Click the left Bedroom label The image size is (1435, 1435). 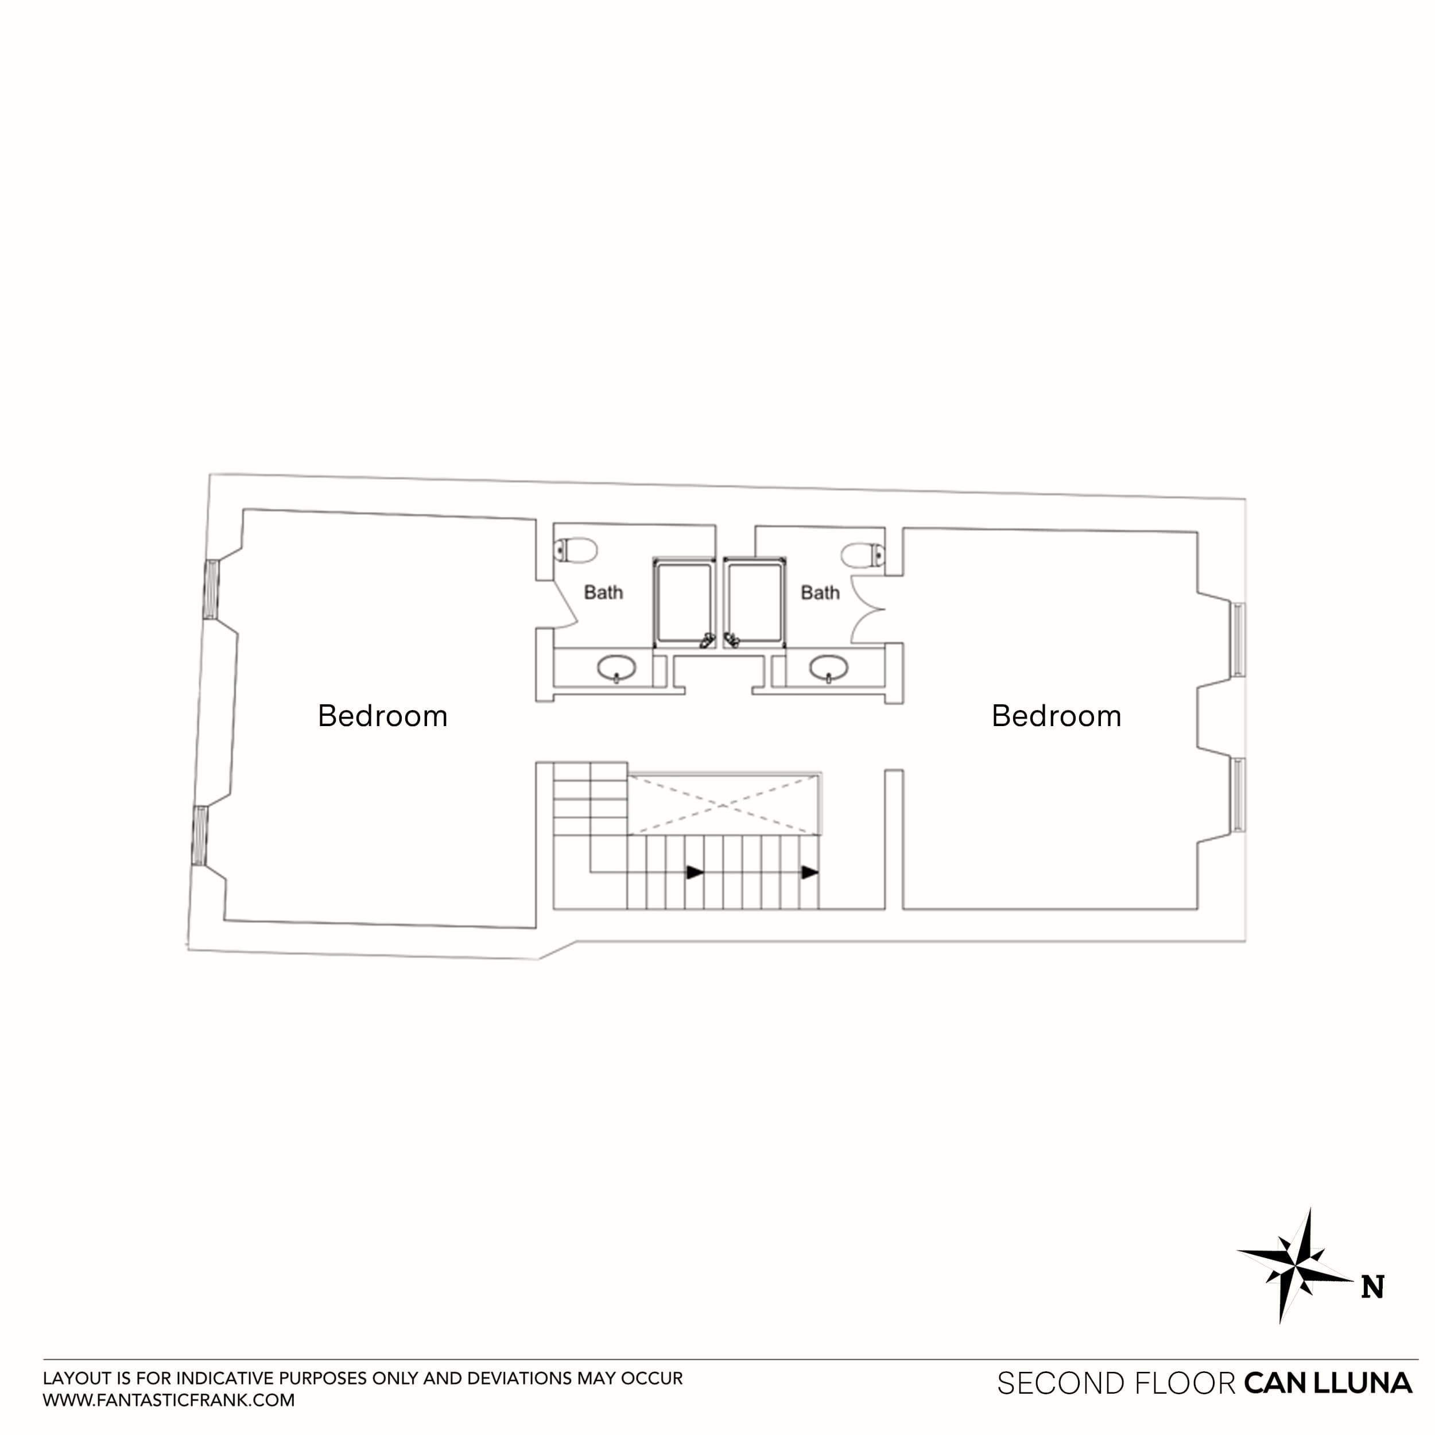[x=382, y=716]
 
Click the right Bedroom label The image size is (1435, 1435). [x=1056, y=716]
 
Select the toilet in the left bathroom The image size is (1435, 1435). [x=576, y=551]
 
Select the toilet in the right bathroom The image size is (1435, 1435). [x=863, y=555]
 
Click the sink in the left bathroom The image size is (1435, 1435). [x=616, y=668]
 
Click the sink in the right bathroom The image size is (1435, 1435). [x=829, y=668]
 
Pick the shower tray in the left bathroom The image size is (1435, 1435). [x=683, y=602]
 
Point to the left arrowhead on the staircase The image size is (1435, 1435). [x=695, y=872]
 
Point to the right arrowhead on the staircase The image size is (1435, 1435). [x=809, y=872]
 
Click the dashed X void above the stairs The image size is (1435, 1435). [x=724, y=804]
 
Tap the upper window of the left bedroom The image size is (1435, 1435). [x=212, y=589]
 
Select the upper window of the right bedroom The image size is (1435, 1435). [x=1238, y=639]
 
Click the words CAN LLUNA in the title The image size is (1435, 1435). [x=1327, y=1383]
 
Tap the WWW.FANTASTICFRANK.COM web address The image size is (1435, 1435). [x=169, y=1400]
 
